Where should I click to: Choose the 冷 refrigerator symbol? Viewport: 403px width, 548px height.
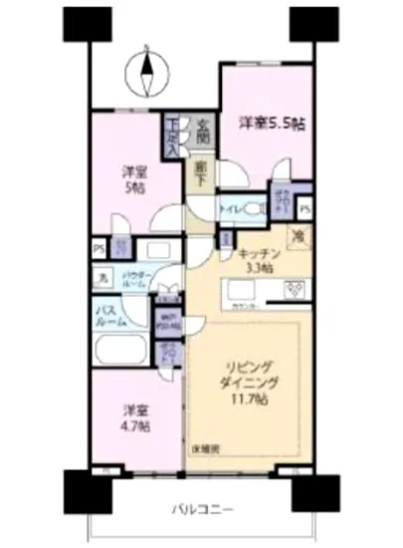coord(297,237)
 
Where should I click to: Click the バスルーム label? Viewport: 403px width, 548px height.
coord(110,316)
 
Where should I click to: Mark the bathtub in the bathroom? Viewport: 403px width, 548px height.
coord(119,351)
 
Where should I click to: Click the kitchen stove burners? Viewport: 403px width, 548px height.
coord(296,290)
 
